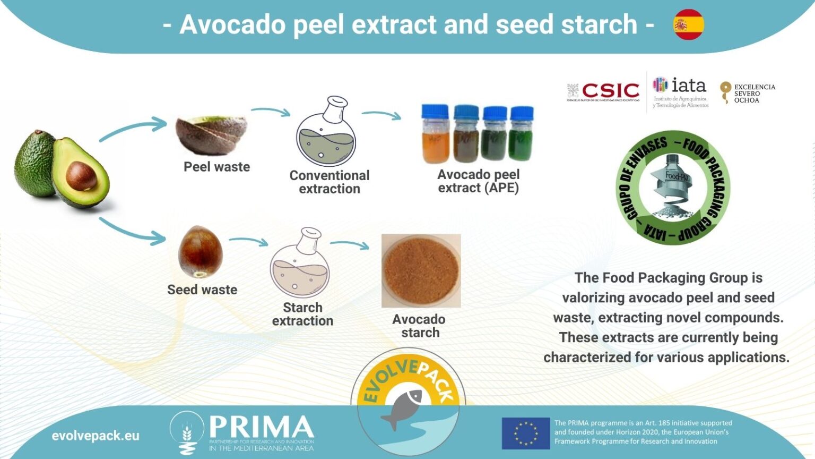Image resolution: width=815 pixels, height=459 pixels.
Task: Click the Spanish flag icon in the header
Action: [689, 24]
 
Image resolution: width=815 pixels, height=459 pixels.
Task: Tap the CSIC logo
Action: [604, 91]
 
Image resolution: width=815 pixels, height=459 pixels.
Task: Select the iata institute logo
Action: [680, 91]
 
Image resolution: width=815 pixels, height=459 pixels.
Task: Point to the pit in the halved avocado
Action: [81, 176]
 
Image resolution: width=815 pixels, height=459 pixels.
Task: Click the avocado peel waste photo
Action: [211, 134]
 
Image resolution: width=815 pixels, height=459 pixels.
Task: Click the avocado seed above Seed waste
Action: [200, 252]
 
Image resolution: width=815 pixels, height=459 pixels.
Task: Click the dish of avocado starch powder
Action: [421, 271]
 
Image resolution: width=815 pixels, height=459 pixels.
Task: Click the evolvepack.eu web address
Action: [96, 436]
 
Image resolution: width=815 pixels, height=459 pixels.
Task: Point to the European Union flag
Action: [525, 433]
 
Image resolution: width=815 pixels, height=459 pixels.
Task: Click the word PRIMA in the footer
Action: [262, 427]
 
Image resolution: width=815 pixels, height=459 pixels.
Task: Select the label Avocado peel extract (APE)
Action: [479, 181]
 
